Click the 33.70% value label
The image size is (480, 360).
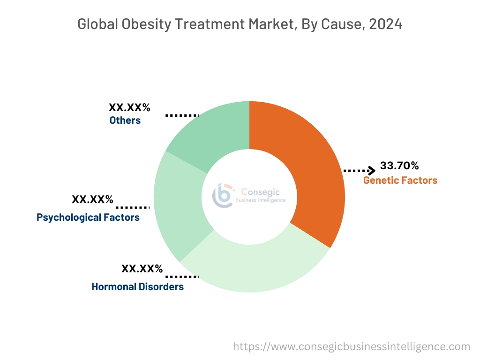pyautogui.click(x=399, y=165)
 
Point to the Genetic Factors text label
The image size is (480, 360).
pyautogui.click(x=400, y=180)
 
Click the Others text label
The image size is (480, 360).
pyautogui.click(x=125, y=120)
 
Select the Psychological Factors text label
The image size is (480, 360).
pyautogui.click(x=88, y=217)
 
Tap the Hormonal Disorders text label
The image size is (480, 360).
pyautogui.click(x=137, y=286)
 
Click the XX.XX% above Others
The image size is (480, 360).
pyautogui.click(x=129, y=107)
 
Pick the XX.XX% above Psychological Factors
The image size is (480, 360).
pyautogui.click(x=92, y=200)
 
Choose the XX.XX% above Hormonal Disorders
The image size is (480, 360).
pyautogui.click(x=142, y=269)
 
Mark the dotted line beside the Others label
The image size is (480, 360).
pyautogui.click(x=182, y=115)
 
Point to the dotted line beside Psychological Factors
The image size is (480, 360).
pyautogui.click(x=133, y=207)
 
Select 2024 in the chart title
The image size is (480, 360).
pyautogui.click(x=385, y=24)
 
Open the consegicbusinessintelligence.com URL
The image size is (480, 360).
pyautogui.click(x=352, y=346)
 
